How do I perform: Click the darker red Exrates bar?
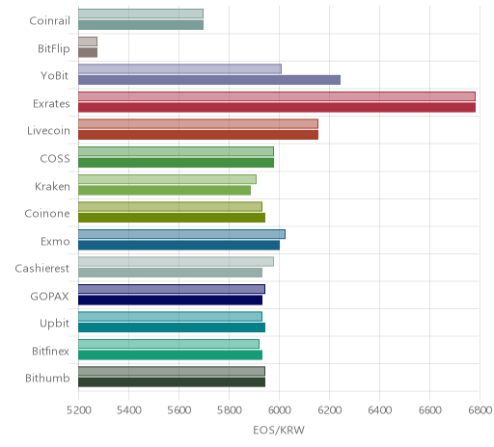coord(277,108)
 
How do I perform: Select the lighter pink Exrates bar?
coord(277,96)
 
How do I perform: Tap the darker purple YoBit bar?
coord(209,80)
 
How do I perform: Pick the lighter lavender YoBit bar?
coord(180,68)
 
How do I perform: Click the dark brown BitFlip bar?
coord(88,52)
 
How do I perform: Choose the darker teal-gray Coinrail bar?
coord(141,25)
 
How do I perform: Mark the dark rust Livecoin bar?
coord(199,135)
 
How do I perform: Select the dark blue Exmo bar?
coord(179,245)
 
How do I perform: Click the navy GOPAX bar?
coord(171,300)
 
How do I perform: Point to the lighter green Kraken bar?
coord(168,179)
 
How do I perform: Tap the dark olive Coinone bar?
coord(172,218)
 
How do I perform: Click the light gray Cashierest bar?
coord(177,262)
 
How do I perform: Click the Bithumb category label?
coord(47,378)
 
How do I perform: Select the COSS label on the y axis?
coord(55,158)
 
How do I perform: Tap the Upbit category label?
coord(54,324)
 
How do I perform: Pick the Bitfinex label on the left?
coord(50,351)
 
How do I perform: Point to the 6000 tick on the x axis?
coord(279,409)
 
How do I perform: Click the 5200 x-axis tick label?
coord(78,409)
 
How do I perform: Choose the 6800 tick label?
coord(480,409)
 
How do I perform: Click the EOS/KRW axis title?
coord(279,430)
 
